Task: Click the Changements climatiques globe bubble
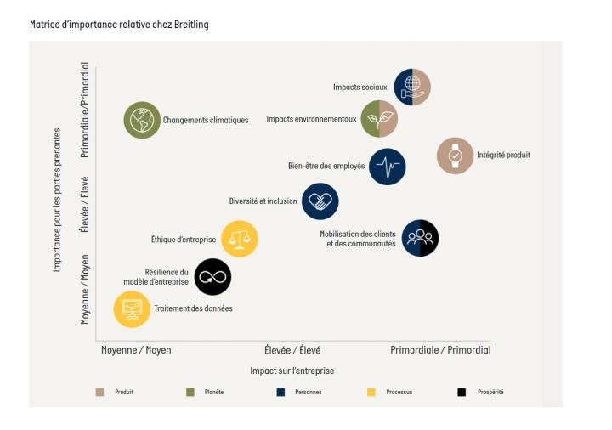[142, 120]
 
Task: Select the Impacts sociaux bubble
[412, 87]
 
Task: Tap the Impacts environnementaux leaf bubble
[379, 119]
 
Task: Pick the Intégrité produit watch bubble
[455, 156]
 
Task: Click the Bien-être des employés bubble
[388, 166]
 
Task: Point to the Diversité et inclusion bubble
[320, 201]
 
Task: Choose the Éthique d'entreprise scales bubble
[240, 239]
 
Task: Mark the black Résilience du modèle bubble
[212, 276]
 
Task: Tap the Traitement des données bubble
[132, 308]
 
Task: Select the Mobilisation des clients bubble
[420, 239]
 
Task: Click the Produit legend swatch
[100, 392]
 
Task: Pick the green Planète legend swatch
[190, 392]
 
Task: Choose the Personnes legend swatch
[280, 392]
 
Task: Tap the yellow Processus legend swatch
[371, 392]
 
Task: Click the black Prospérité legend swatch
[461, 392]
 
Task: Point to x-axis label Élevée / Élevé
[292, 350]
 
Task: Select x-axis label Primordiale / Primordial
[440, 350]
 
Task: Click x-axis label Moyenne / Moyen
[136, 350]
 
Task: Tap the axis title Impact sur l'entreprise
[292, 371]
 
